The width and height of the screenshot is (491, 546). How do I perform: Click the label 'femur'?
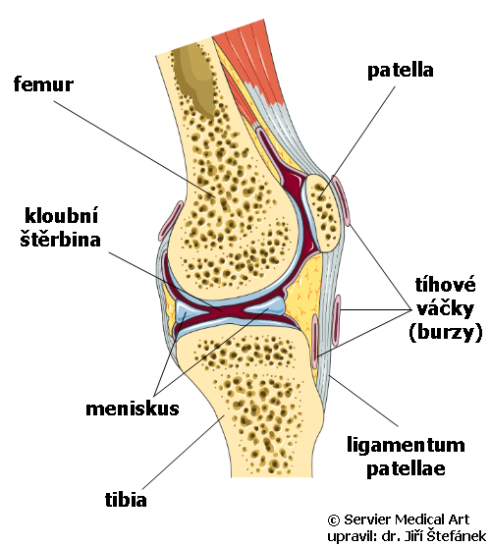pos(43,84)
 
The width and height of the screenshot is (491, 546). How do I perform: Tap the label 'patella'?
pos(401,71)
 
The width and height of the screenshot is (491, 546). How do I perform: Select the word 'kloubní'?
pos(61,215)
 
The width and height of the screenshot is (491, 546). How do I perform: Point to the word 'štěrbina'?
pos(60,239)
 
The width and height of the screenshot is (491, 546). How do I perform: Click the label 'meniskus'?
pos(133,409)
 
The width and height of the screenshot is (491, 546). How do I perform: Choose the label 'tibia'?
pos(126,499)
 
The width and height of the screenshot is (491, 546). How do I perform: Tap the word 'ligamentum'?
pos(406,446)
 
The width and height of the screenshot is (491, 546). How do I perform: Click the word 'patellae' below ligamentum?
pos(406,468)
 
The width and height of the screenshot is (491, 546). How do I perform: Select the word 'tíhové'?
pos(445,285)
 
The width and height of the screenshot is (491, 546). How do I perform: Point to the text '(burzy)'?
pos(446,332)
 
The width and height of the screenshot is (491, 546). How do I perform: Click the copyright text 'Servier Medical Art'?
pos(407,519)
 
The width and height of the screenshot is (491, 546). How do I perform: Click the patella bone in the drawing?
pos(322,212)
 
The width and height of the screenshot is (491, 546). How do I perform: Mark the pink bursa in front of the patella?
pos(341,201)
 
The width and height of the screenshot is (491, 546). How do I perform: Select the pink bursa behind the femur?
pos(171,221)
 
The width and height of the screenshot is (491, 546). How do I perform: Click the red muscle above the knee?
pos(249,58)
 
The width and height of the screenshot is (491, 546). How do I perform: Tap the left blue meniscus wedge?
pos(189,310)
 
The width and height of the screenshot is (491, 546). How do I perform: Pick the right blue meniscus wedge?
pos(265,305)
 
